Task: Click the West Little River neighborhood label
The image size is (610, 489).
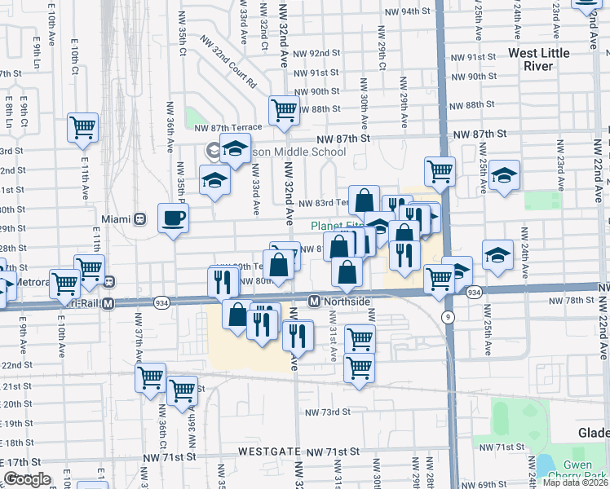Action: pyautogui.click(x=542, y=59)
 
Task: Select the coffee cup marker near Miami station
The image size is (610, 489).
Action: pyautogui.click(x=173, y=218)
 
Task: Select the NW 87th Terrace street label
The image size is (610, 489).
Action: pyautogui.click(x=228, y=127)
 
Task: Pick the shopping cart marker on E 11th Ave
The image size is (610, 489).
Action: pyautogui.click(x=83, y=127)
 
